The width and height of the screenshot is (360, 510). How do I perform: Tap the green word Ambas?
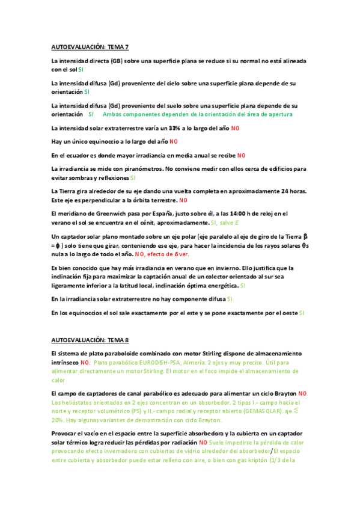pyautogui.click(x=112, y=114)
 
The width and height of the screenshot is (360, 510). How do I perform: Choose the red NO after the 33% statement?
pyautogui.click(x=235, y=128)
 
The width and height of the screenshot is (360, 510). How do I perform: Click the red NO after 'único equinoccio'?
pyautogui.click(x=174, y=142)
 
